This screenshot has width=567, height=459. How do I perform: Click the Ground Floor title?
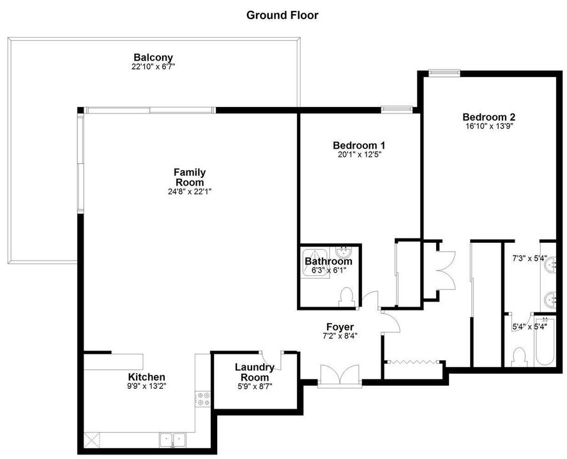[282, 15]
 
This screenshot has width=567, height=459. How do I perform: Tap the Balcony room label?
[153, 57]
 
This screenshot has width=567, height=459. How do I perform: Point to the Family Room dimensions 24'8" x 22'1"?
[190, 191]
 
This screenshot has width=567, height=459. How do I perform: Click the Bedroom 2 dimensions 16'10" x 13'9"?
[488, 126]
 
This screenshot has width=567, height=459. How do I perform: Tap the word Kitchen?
[146, 377]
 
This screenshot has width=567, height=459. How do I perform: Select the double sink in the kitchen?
[172, 439]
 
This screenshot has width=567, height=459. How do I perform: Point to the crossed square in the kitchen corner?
[93, 439]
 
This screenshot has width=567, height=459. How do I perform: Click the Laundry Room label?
[254, 372]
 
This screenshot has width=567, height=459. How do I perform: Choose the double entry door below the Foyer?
[339, 376]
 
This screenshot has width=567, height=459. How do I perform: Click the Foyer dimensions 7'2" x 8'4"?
[339, 337]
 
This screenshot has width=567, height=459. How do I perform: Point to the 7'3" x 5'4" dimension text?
[529, 259]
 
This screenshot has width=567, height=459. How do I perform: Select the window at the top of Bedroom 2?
[444, 73]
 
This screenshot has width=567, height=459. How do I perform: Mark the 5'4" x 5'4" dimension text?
[529, 328]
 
